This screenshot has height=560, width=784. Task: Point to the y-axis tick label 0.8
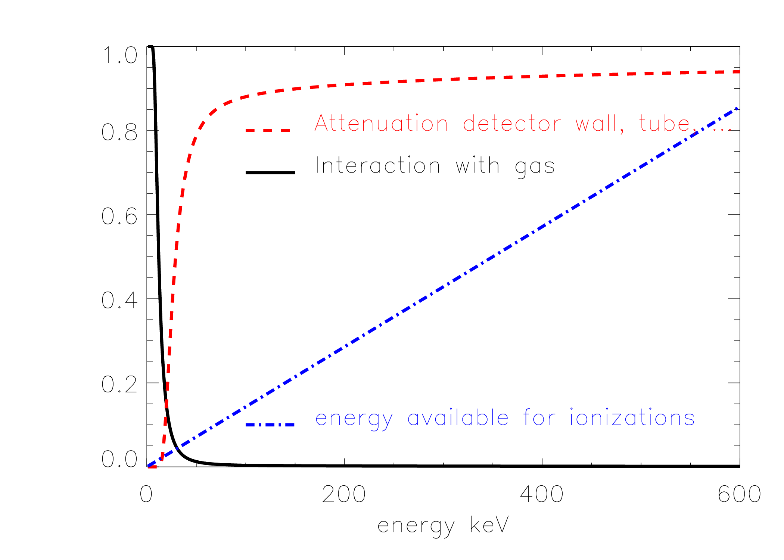click(x=119, y=132)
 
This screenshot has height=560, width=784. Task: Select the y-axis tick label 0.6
click(x=119, y=216)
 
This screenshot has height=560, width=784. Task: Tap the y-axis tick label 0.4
click(x=119, y=300)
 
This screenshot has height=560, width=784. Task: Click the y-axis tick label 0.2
click(x=119, y=384)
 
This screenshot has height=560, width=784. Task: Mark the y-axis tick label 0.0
click(x=119, y=459)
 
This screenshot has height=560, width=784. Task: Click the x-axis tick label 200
click(x=344, y=494)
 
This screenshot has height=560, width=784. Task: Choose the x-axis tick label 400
click(x=542, y=494)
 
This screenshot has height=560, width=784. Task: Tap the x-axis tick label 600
click(x=739, y=494)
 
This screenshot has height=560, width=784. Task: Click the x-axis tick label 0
click(x=146, y=494)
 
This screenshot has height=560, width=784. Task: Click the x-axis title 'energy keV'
click(x=443, y=526)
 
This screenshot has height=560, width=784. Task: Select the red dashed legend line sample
click(x=268, y=130)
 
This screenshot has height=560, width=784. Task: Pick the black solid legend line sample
click(x=270, y=172)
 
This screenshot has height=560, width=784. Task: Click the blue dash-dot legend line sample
click(x=270, y=424)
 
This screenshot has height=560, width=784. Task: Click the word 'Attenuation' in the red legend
click(x=381, y=123)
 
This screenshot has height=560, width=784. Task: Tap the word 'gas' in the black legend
click(x=535, y=167)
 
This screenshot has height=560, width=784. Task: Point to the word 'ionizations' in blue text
click(x=632, y=417)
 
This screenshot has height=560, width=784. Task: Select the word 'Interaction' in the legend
click(x=378, y=165)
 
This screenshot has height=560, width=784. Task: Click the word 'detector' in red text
click(x=512, y=123)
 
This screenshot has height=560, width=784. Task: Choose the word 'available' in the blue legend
click(x=458, y=417)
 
